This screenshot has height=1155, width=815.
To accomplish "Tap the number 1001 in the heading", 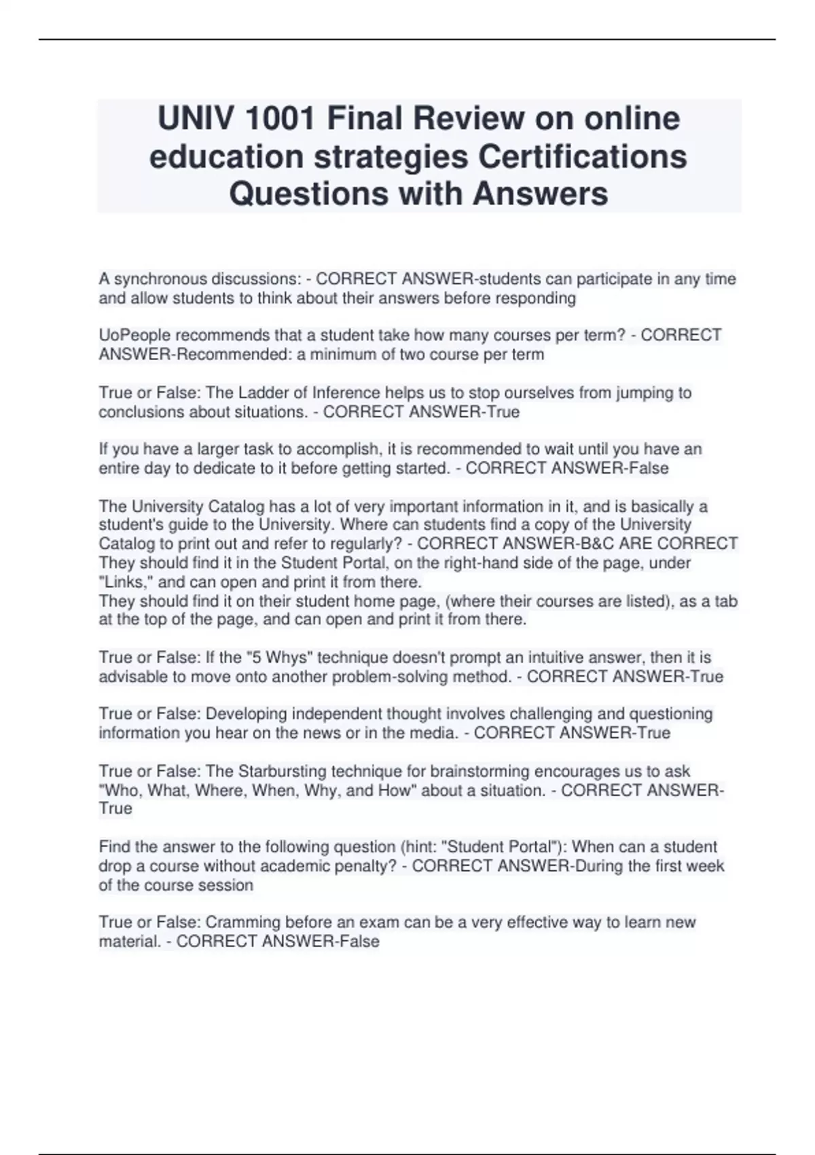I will pyautogui.click(x=279, y=119).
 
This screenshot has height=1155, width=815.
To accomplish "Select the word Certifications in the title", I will pyautogui.click(x=583, y=156).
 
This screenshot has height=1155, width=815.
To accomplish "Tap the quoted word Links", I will pyautogui.click(x=126, y=582).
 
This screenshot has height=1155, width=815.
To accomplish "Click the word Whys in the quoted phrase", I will pyautogui.click(x=287, y=658).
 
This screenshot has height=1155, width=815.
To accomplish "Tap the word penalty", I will pyautogui.click(x=369, y=866).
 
